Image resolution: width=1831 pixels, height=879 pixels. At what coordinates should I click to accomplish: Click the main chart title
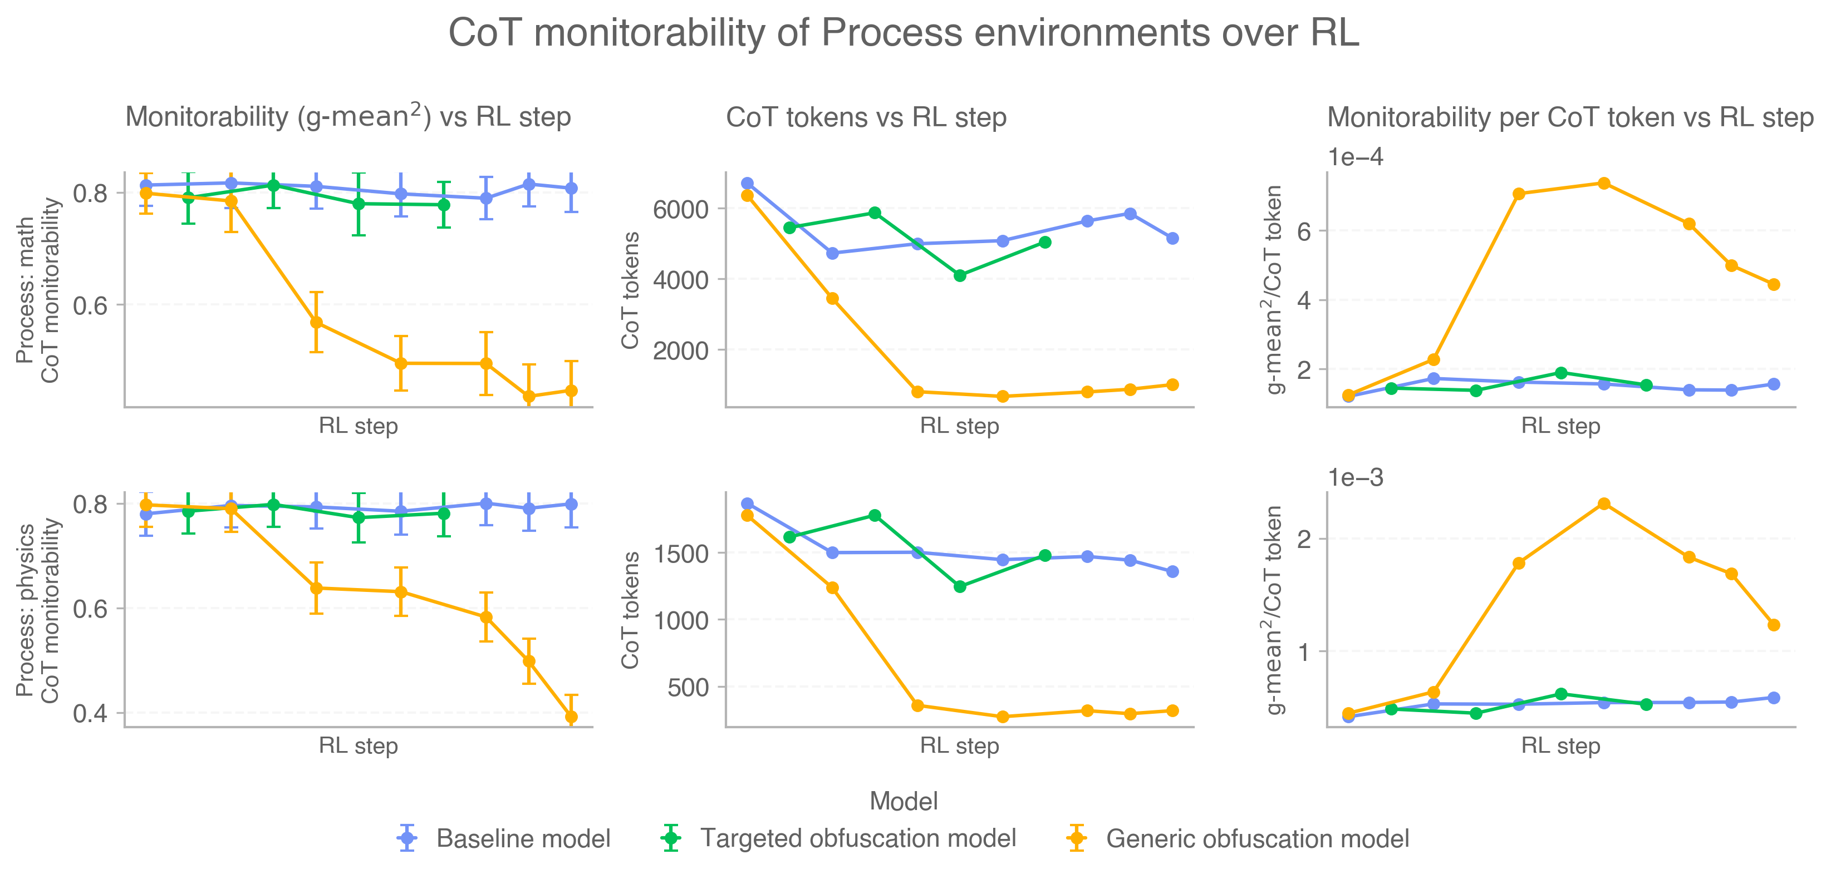[x=904, y=33]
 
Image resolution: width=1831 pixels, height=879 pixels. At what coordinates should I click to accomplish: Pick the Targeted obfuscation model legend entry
[x=857, y=838]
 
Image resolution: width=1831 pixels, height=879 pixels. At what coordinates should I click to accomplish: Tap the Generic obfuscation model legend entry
[x=1256, y=838]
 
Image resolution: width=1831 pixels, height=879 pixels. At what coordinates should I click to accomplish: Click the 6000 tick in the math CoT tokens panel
[x=681, y=209]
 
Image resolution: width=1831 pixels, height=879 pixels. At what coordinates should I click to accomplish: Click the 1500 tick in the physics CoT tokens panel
[x=681, y=553]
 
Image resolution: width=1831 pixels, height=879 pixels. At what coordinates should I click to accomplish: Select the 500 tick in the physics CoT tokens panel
[x=688, y=687]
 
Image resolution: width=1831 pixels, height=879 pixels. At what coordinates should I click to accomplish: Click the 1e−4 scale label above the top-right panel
[x=1356, y=157]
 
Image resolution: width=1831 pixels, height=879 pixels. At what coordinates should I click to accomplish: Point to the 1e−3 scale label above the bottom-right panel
[x=1356, y=477]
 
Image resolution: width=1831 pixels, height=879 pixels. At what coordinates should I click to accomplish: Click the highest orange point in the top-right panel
[x=1603, y=184]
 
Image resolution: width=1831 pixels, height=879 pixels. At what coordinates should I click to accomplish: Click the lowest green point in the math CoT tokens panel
[x=960, y=276]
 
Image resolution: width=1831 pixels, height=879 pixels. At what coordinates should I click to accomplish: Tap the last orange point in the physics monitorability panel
[x=571, y=717]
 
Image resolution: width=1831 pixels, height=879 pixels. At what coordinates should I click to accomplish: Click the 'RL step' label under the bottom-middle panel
[x=959, y=746]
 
